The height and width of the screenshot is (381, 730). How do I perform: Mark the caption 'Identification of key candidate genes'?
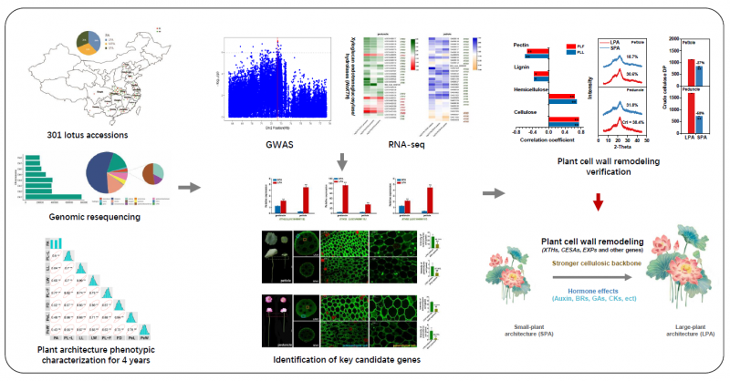(x=338, y=360)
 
